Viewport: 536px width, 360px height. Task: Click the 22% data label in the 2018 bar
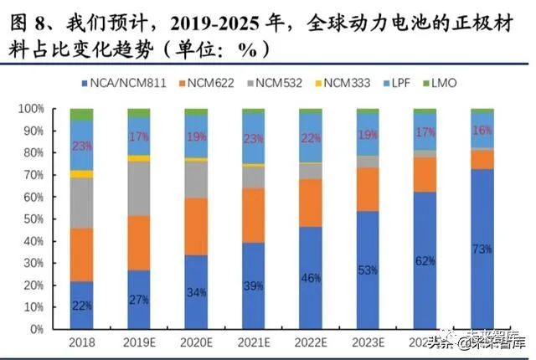(x=81, y=305)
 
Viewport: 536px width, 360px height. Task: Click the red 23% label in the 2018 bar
(x=81, y=145)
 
